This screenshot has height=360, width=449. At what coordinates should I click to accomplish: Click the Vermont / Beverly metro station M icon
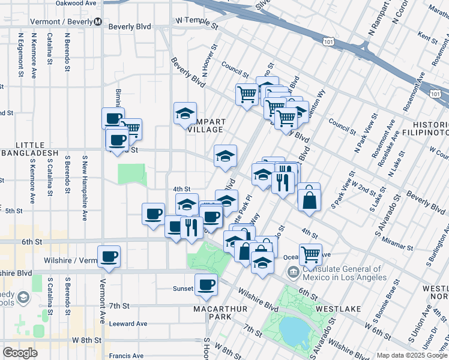[x=97, y=22]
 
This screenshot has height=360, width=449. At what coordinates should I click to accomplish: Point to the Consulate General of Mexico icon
[x=293, y=273]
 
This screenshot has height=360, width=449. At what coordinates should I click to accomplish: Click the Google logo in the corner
[x=20, y=352]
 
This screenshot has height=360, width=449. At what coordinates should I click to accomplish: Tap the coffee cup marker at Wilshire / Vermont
[x=109, y=256]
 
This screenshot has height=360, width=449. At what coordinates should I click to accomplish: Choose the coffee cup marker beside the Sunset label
[x=206, y=284]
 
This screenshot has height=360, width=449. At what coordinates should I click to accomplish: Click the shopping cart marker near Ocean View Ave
[x=310, y=254]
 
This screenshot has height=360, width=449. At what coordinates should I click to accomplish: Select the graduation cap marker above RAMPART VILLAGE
[x=185, y=113]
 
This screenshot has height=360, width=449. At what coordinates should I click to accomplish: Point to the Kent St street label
[x=427, y=37]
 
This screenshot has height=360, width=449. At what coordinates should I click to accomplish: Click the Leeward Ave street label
[x=128, y=323]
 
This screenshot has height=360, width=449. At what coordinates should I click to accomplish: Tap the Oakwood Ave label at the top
[x=76, y=3]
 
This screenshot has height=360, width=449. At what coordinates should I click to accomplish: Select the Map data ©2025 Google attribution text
[x=411, y=355]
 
